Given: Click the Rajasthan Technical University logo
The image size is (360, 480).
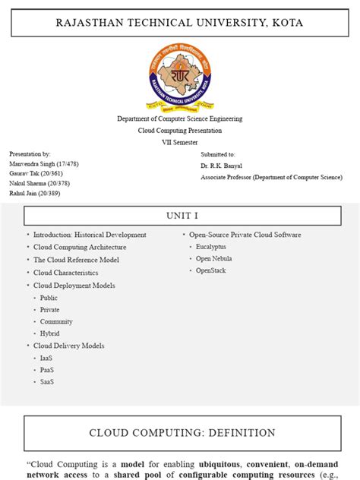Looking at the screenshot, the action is click(x=179, y=77).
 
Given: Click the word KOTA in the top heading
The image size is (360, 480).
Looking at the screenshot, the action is click(x=287, y=23).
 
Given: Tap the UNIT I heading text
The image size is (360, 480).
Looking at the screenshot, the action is click(x=179, y=216).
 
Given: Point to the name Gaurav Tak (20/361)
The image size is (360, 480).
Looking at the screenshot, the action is click(x=36, y=173).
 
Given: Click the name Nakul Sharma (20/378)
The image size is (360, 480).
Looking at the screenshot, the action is click(x=39, y=183).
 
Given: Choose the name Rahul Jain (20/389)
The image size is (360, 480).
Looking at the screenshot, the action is click(x=35, y=193).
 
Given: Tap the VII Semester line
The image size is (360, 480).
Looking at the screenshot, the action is click(x=179, y=142).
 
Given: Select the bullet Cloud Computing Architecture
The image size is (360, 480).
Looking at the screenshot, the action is click(x=80, y=247).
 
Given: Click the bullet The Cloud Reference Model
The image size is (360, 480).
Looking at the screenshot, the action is click(x=76, y=260).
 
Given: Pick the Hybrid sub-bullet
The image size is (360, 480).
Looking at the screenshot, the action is click(x=49, y=333).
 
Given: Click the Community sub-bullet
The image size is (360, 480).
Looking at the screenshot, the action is click(x=56, y=321).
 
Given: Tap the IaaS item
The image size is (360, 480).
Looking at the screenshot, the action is click(x=46, y=358).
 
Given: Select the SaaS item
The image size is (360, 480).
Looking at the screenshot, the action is click(x=47, y=382).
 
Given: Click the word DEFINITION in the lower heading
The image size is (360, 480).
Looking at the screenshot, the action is click(x=236, y=433).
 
